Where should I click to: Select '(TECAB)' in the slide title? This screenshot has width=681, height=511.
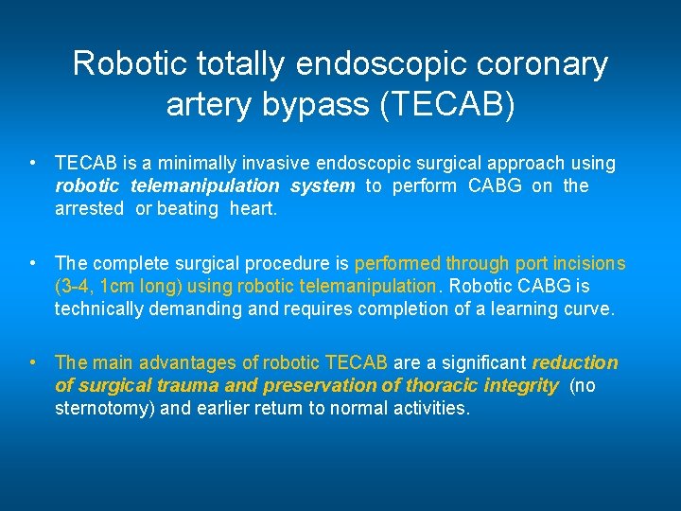(x=447, y=104)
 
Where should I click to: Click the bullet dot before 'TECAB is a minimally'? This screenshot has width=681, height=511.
(x=33, y=163)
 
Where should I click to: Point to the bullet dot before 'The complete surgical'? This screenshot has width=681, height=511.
(x=33, y=263)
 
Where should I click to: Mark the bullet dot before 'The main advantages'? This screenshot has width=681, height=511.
(x=33, y=362)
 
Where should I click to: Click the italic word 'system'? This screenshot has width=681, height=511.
(x=322, y=186)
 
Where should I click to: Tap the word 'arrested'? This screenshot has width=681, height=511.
(x=89, y=209)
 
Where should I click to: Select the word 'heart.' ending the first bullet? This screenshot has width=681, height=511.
(x=253, y=209)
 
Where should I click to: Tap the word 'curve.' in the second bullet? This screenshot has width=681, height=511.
(x=588, y=309)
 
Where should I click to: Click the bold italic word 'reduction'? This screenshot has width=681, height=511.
(x=575, y=363)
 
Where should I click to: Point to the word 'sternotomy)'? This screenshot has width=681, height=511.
(x=103, y=409)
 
